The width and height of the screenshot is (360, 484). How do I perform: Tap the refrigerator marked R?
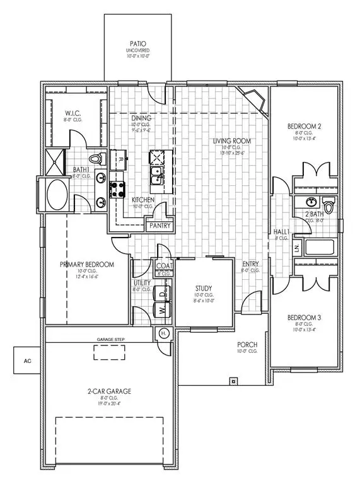click(x=119, y=159)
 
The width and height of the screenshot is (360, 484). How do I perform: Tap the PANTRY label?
click(x=159, y=225)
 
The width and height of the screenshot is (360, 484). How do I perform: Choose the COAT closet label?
click(x=163, y=266)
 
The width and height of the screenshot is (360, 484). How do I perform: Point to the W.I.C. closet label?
click(x=70, y=112)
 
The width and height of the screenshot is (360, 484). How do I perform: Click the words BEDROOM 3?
click(x=305, y=316)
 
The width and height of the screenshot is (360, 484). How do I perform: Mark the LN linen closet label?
click(x=295, y=247)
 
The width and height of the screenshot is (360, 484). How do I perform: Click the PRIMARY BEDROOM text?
click(x=87, y=265)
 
